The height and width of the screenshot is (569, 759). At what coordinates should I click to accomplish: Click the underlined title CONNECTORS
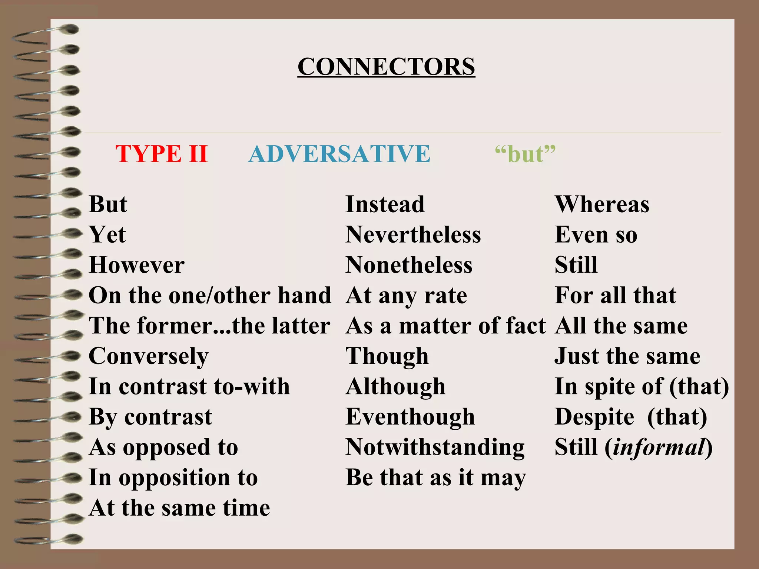click(x=386, y=67)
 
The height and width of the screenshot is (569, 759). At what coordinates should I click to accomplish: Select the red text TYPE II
click(x=161, y=154)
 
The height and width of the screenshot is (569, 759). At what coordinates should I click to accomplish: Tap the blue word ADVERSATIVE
click(x=339, y=154)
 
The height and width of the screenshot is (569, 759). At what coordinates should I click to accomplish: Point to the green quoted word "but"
click(x=525, y=154)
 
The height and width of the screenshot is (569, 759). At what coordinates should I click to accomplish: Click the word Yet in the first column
click(x=107, y=234)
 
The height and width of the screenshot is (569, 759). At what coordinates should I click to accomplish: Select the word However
click(x=136, y=265)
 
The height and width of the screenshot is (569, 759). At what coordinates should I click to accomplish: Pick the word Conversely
click(x=148, y=356)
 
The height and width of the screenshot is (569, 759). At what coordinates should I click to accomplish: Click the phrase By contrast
click(x=150, y=417)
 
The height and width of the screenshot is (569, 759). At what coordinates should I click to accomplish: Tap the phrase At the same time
click(x=179, y=508)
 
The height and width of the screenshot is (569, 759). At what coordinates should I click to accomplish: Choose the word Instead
click(x=385, y=204)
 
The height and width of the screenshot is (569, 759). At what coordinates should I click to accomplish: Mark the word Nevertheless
click(x=413, y=234)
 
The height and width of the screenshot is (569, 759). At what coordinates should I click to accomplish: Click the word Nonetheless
click(x=409, y=265)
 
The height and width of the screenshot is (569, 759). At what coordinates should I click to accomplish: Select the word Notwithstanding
click(x=435, y=447)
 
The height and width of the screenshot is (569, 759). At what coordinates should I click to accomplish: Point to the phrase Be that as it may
click(x=435, y=478)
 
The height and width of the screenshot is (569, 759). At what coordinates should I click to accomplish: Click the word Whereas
click(x=602, y=204)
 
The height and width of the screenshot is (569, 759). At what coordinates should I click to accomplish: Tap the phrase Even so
click(x=596, y=234)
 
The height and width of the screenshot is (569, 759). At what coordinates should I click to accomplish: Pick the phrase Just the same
click(x=627, y=356)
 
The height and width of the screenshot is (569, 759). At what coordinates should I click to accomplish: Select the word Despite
click(x=594, y=417)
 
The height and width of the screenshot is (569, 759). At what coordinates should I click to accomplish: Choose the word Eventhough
click(x=410, y=417)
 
